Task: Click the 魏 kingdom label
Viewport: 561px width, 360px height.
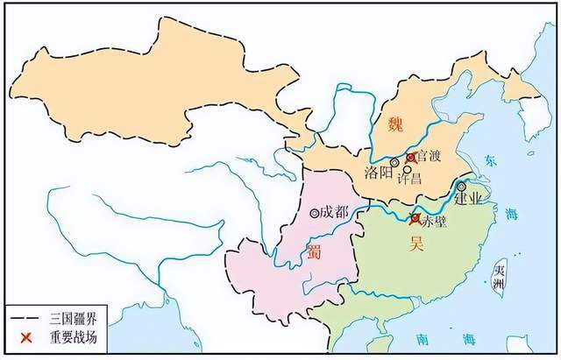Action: (x=396, y=124)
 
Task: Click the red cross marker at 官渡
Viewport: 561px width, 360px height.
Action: (x=410, y=158)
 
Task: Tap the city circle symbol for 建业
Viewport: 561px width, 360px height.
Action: (x=461, y=186)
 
